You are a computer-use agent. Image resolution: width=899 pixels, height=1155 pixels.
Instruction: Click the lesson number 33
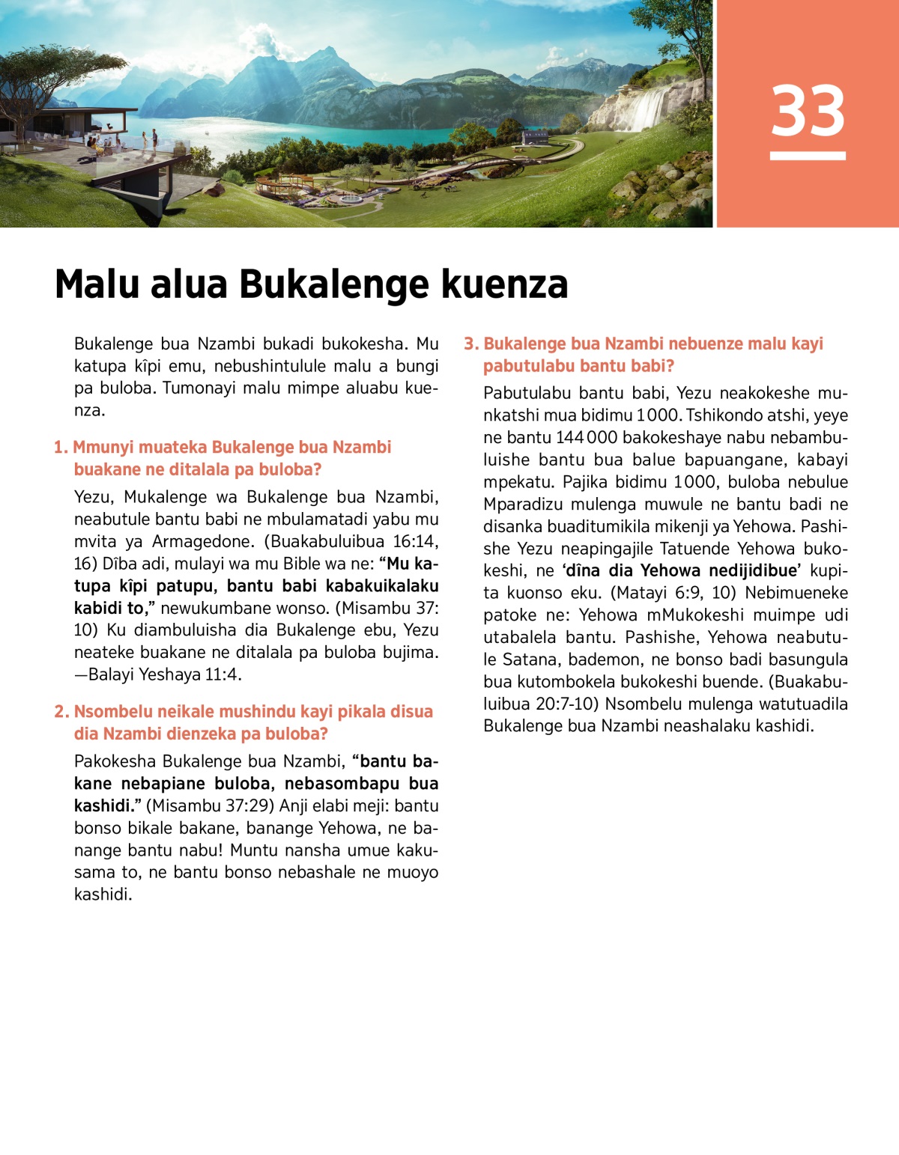[808, 111]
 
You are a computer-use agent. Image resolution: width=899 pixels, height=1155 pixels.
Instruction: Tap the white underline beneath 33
[808, 156]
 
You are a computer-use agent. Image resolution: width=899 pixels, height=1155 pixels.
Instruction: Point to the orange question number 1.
[60, 448]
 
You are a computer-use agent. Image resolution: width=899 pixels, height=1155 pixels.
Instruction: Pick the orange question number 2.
[61, 712]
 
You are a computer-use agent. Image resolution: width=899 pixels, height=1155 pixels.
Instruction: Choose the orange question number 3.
[470, 344]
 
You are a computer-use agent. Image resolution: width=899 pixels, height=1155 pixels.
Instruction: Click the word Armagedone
[202, 541]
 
